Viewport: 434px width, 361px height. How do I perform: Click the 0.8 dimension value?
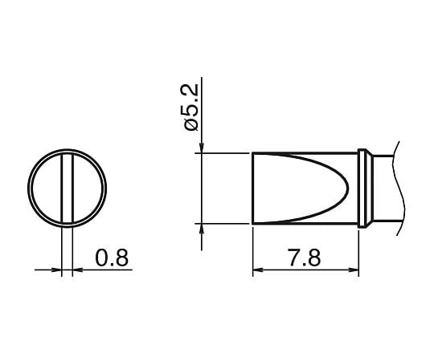click(112, 258)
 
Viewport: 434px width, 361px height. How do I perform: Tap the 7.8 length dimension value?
click(304, 258)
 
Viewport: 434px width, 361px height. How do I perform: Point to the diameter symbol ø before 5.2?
click(190, 125)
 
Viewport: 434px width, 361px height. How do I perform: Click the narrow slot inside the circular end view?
click(67, 186)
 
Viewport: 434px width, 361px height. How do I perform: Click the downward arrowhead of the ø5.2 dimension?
click(202, 145)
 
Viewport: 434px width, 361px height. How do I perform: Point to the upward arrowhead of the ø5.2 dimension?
click(202, 229)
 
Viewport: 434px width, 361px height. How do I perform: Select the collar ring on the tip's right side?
click(364, 188)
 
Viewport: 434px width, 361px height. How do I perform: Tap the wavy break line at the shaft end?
click(396, 188)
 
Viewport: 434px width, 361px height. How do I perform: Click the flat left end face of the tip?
click(252, 188)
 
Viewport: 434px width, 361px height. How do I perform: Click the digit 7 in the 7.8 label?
click(293, 258)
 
